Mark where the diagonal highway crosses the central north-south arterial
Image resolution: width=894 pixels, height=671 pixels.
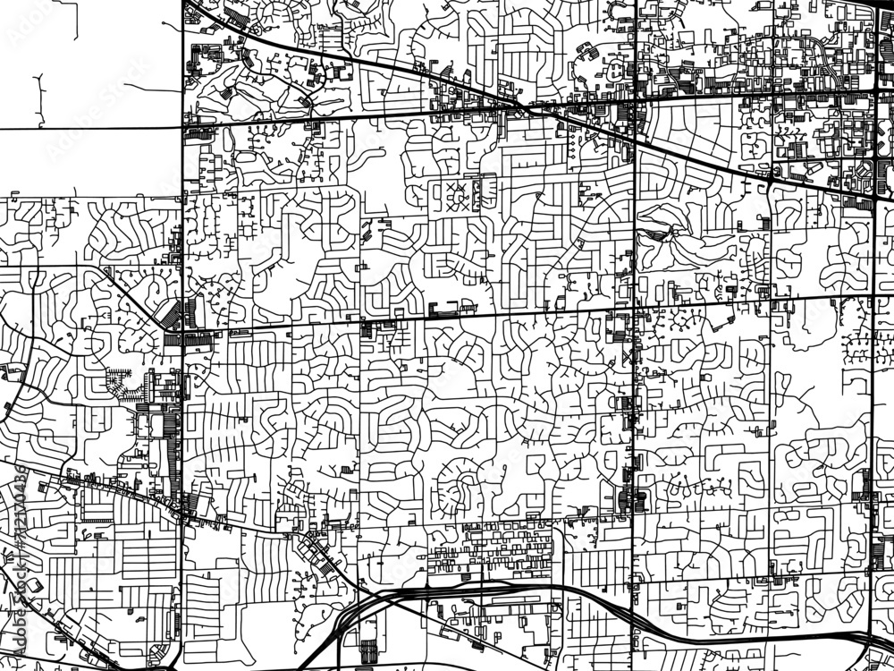634,137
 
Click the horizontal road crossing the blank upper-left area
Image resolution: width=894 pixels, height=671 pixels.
89,129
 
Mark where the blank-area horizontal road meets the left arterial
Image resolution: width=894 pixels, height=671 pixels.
183,128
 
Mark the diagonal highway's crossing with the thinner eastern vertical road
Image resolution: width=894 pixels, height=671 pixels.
770,178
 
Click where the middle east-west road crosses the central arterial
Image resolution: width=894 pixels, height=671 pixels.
634,308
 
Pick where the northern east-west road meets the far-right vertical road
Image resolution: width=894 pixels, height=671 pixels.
872,90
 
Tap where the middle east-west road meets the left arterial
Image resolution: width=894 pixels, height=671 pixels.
183,331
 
